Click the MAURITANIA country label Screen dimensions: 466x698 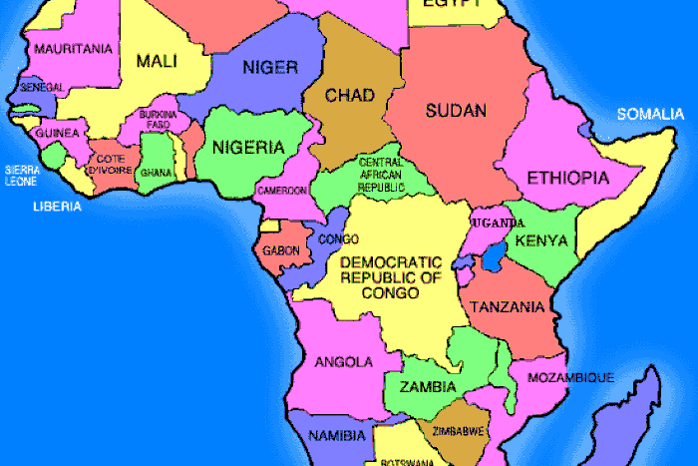(72, 48)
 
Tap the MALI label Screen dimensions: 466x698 (157, 62)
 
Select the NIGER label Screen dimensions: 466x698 (270, 67)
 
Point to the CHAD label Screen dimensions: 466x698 (350, 96)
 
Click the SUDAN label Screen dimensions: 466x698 (455, 110)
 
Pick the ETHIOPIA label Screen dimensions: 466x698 (567, 179)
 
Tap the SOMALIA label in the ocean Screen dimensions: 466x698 (650, 114)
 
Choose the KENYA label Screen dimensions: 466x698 (541, 240)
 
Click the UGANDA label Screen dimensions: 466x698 (498, 222)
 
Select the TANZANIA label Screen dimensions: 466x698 (507, 306)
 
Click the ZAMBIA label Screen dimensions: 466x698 (428, 386)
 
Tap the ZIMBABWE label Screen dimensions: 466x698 (452, 431)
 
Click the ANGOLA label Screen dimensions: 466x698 (343, 361)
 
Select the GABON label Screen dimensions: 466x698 (281, 251)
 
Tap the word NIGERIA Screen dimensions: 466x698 (247, 147)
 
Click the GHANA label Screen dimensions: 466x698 (156, 172)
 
